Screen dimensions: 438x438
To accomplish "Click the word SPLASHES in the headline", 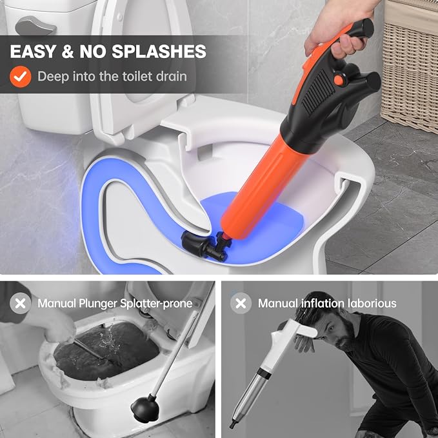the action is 159,52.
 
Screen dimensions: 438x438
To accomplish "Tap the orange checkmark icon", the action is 21,77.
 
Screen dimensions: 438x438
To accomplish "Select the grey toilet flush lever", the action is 35,26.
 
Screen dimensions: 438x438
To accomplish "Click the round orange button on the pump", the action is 339,79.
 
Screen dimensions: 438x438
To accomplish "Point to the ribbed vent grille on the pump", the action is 318,92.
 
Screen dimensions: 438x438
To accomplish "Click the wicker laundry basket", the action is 411,65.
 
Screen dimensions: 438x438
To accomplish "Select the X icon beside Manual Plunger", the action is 21,303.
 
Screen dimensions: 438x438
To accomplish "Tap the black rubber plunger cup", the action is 144,408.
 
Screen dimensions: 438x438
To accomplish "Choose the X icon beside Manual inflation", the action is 241,303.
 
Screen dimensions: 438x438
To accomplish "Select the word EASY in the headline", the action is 33,52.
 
